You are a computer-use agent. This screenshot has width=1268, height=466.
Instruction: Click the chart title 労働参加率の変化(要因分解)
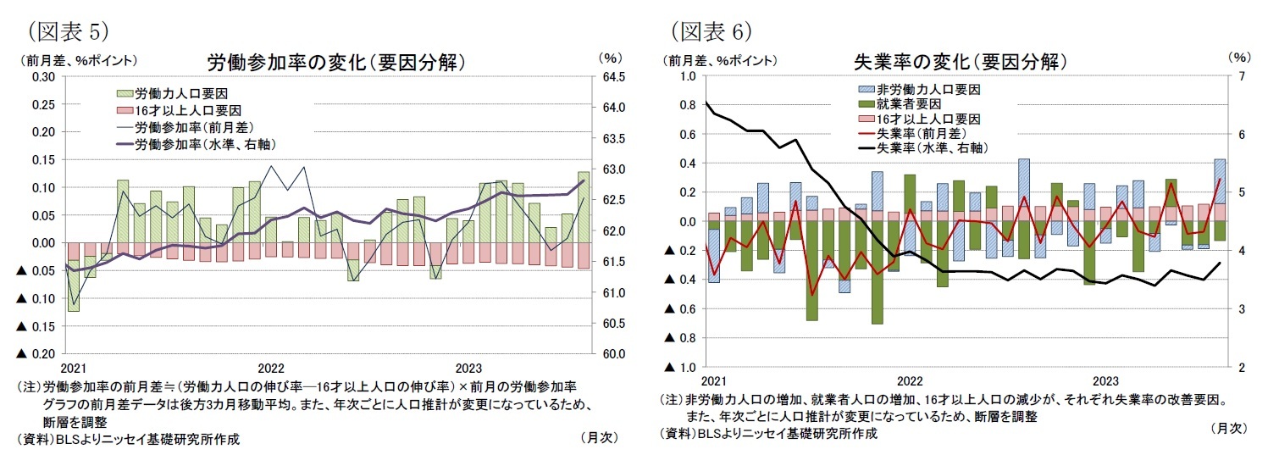tap(336, 63)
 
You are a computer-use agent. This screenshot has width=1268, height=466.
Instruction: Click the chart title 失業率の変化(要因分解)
tap(960, 62)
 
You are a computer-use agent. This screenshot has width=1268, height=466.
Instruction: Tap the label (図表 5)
tap(64, 31)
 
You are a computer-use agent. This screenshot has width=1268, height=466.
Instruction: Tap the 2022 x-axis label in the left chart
tap(271, 369)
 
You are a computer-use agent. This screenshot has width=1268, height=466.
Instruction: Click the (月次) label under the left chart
tap(600, 438)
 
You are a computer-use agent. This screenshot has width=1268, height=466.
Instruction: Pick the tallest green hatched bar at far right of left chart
tap(584, 207)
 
